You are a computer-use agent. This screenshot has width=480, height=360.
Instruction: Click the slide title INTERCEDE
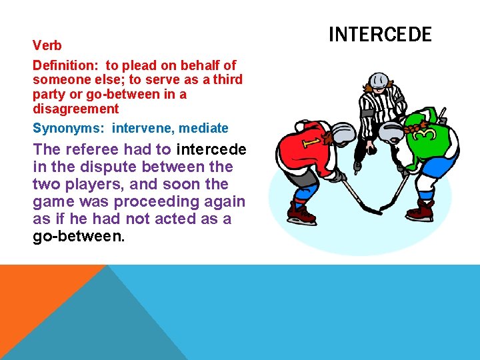click(381, 34)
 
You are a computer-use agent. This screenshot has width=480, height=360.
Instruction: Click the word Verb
click(47, 46)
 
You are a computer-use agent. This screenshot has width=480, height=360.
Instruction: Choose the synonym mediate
click(203, 128)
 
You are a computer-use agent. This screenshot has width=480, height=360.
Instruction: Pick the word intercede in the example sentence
click(211, 149)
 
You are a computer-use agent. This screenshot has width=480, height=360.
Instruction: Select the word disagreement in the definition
click(75, 109)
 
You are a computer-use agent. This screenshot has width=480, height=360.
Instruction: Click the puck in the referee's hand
click(358, 163)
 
